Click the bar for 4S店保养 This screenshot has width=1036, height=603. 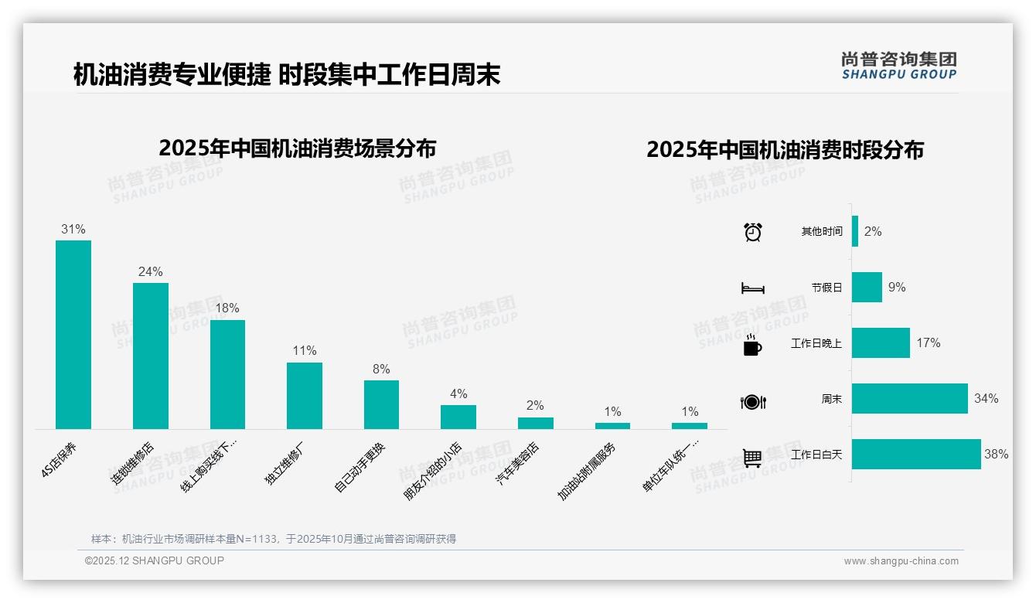tap(73, 334)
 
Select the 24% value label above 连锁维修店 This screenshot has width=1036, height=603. tap(150, 271)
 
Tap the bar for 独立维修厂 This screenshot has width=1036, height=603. tap(305, 395)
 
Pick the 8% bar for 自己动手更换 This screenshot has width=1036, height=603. tap(381, 404)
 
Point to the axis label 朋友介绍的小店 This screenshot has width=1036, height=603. tap(434, 471)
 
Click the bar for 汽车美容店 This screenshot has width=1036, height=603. tap(535, 423)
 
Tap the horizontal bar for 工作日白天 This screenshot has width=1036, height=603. tap(916, 454)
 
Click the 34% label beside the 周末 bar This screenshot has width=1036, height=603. tap(986, 399)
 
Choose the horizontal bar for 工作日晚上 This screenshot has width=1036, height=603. tap(881, 342)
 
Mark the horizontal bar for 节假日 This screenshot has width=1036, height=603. tap(867, 287)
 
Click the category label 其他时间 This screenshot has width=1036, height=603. tap(822, 231)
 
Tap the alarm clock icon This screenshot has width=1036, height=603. tap(752, 232)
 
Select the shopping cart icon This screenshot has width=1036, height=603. tap(752, 458)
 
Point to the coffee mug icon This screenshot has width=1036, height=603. tap(752, 346)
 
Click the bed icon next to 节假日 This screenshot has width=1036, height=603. tap(752, 288)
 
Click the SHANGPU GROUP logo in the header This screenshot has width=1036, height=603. tap(898, 66)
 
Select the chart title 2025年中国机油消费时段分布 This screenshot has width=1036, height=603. tap(785, 150)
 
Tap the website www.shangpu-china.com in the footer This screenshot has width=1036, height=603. tap(901, 561)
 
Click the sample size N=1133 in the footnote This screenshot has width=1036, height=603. tap(249, 539)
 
